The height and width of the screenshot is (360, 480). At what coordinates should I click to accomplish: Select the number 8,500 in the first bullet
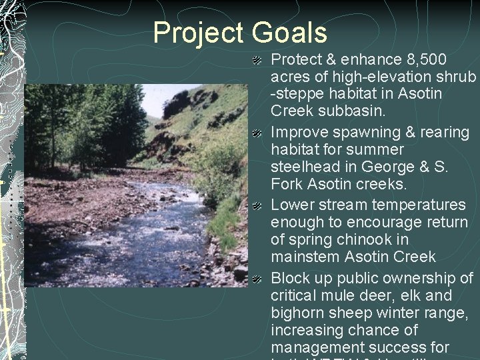click(421, 61)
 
